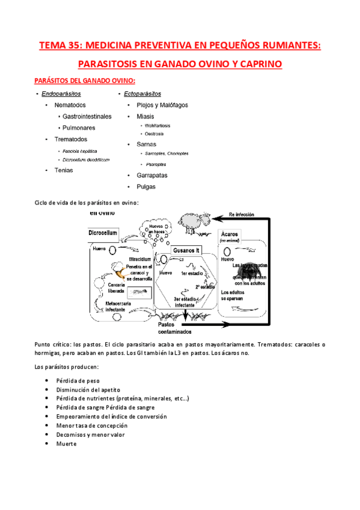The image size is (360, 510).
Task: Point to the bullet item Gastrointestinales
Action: click(x=87, y=116)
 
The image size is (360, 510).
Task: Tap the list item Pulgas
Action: click(x=146, y=186)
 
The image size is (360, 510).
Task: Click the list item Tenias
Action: click(x=63, y=170)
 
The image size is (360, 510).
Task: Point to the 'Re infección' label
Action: click(x=245, y=214)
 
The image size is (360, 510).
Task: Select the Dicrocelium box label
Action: click(x=103, y=232)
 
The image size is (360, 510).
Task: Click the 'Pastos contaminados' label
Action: click(x=175, y=328)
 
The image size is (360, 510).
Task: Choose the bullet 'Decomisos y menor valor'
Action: click(x=90, y=434)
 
